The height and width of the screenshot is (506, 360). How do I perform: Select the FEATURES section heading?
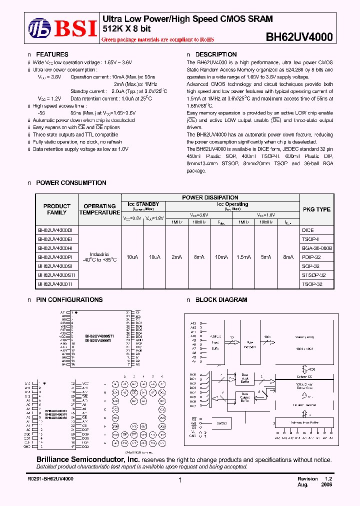tap(52, 54)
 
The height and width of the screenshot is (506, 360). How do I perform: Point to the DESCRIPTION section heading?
tap(215, 54)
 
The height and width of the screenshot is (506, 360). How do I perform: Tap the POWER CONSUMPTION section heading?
tap(71, 183)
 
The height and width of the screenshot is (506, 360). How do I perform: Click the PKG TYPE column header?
tap(316, 209)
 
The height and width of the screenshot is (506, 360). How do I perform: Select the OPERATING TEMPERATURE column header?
tap(99, 209)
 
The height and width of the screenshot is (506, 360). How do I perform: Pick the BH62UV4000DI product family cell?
tap(55, 230)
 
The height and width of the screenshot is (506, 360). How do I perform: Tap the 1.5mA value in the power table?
tap(244, 257)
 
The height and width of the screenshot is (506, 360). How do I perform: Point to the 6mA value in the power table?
tap(197, 257)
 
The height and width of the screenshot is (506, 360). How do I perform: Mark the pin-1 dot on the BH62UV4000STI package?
tap(76, 312)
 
